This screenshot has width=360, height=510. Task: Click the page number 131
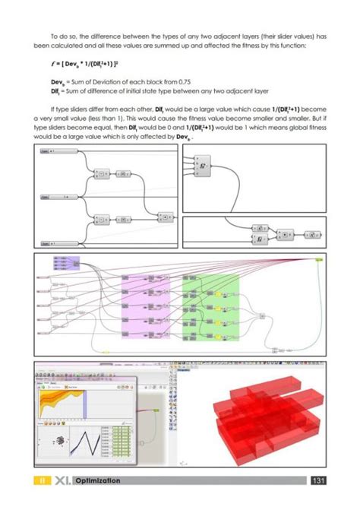click(x=320, y=480)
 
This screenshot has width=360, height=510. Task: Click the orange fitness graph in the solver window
click(x=64, y=401)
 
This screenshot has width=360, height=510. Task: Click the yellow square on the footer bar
click(x=43, y=480)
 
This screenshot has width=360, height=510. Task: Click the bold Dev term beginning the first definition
click(x=58, y=81)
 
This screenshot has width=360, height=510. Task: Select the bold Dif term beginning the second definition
click(x=57, y=90)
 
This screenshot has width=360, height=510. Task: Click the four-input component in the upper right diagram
click(x=204, y=165)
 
